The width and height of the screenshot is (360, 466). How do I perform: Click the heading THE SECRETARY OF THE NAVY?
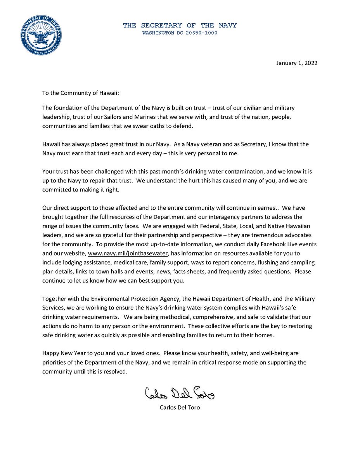pyautogui.click(x=180, y=26)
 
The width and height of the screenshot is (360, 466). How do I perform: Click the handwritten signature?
pyautogui.click(x=179, y=395)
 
